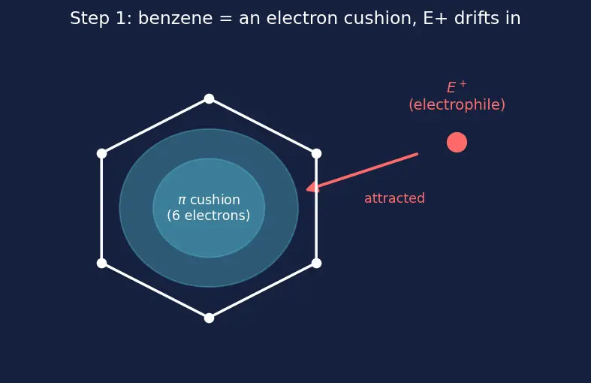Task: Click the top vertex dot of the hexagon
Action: click(x=210, y=99)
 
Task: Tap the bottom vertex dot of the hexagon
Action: click(x=210, y=318)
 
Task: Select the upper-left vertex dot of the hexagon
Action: click(x=102, y=153)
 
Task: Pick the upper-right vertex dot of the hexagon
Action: click(x=317, y=153)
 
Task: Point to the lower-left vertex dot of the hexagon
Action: click(x=102, y=263)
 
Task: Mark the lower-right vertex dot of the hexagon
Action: click(x=317, y=263)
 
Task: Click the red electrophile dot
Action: click(x=457, y=143)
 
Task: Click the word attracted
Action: click(x=395, y=198)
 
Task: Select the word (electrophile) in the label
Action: click(x=457, y=105)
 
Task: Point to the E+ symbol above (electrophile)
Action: click(x=457, y=87)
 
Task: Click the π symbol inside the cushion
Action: click(x=182, y=201)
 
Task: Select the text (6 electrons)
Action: click(x=209, y=216)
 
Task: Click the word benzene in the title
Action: click(x=175, y=18)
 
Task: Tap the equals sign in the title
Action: click(x=226, y=19)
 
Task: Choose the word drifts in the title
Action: click(x=472, y=18)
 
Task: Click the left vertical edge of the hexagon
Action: click(x=102, y=209)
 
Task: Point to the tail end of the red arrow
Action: click(x=418, y=154)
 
